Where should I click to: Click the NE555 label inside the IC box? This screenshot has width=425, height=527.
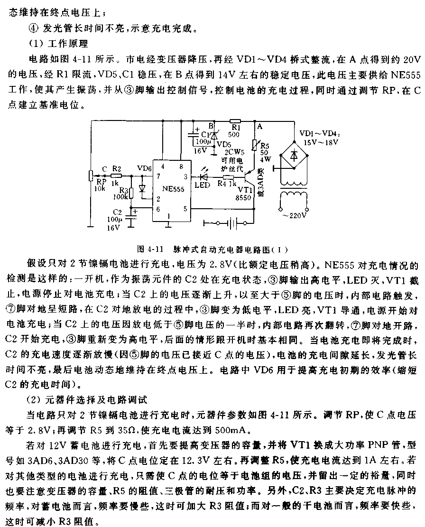pos(173,189)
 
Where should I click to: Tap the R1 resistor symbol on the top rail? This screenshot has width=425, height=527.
pos(235,121)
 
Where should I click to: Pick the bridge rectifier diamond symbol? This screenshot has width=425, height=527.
pos(294,156)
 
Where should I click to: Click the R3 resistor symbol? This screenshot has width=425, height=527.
pos(131,194)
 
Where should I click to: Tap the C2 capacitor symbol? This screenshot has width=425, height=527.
pos(131,216)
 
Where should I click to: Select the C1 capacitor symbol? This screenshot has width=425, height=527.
pos(194,135)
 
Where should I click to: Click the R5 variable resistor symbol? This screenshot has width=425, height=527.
pos(255,146)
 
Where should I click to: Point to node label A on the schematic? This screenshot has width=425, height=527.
pos(259,127)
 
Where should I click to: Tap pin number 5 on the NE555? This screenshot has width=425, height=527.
pos(185,209)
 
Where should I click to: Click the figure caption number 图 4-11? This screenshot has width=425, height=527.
pos(150,250)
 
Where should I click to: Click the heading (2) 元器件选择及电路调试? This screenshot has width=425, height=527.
pos(88,400)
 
